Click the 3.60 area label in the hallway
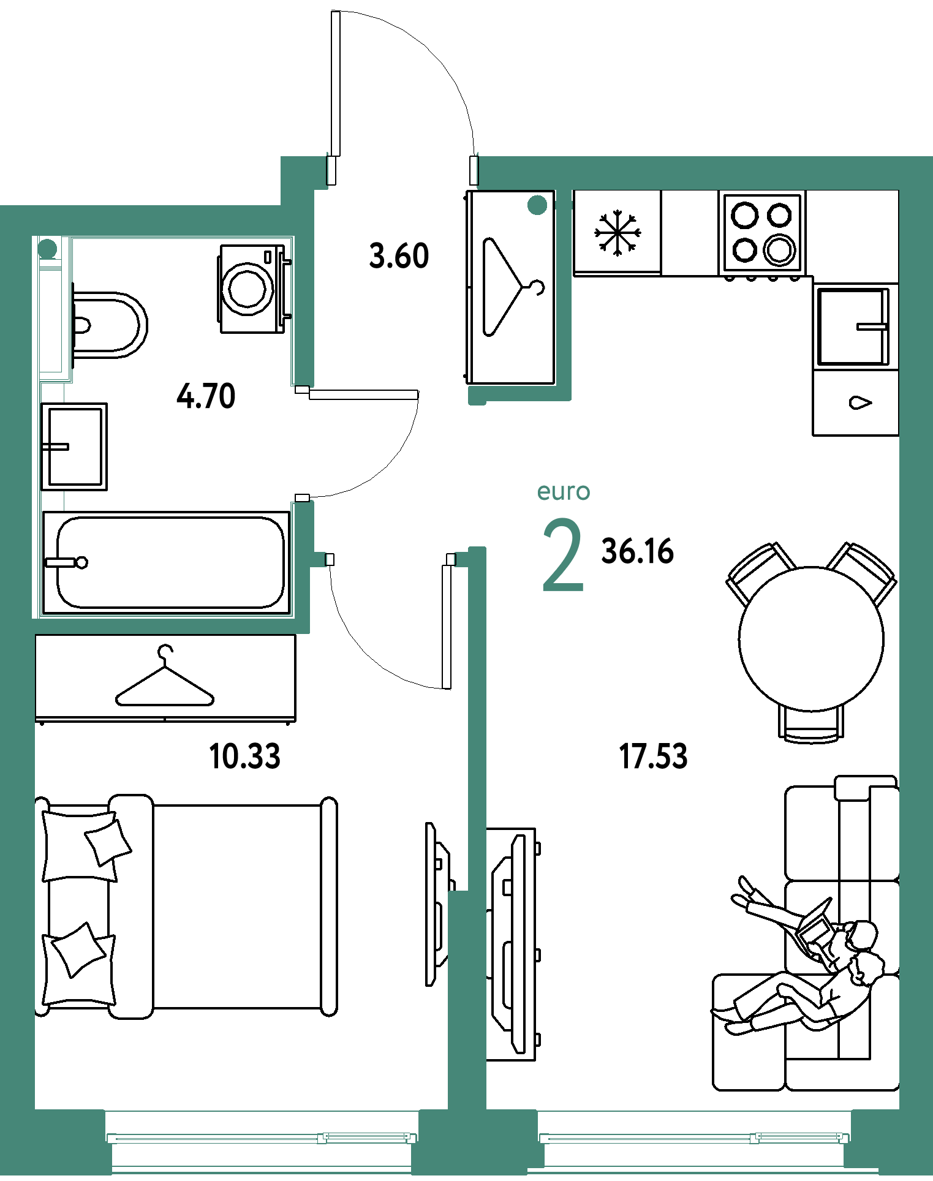coord(399,256)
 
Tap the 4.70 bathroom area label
coord(206,396)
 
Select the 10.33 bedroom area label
coord(245,756)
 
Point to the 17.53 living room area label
coord(653,756)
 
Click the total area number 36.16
coord(638,551)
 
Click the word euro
coord(564,491)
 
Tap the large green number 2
coord(563,555)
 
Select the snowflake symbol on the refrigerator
coord(618,233)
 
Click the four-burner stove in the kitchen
coord(762,233)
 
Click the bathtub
coord(166,562)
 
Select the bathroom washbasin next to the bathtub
coord(74,447)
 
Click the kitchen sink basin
coord(852,326)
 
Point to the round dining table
coord(811,638)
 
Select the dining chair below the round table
coord(810,725)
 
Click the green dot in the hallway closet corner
coord(537,205)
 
